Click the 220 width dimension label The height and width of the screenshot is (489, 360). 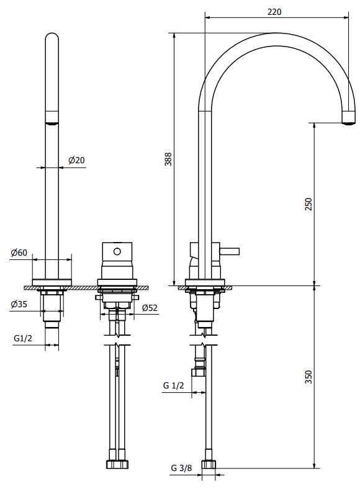pos(274,11)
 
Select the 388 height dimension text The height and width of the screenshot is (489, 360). pos(168,159)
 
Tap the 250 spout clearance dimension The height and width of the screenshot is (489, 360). pos(308,204)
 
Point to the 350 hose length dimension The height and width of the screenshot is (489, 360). pos(308,377)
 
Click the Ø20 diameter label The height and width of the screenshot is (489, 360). pos(76,160)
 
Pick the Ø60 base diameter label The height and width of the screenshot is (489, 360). pos(19,253)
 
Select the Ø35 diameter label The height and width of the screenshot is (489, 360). pos(19,304)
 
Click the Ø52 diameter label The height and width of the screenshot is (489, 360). pos(149,308)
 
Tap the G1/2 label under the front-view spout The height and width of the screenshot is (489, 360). pos(22,338)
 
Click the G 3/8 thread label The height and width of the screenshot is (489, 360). pos(181,468)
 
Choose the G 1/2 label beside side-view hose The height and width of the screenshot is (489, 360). pos(174,385)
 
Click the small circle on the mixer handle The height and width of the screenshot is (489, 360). pos(117,251)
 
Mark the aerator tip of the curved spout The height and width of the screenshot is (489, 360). pos(349,120)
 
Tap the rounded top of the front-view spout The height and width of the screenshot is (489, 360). pos(52,38)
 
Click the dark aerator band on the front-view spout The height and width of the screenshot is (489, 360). pos(52,118)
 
